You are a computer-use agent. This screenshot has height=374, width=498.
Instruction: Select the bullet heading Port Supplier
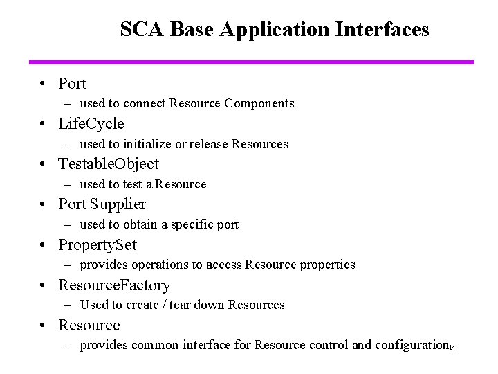tap(102, 204)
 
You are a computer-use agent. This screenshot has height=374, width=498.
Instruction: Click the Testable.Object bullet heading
tap(109, 164)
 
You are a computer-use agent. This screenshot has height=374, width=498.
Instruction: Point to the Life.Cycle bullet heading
tap(91, 124)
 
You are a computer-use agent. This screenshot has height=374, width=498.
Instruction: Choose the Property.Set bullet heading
tap(98, 245)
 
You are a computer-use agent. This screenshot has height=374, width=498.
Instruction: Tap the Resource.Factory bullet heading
tap(114, 285)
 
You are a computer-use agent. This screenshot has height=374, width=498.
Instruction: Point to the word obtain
tap(140, 224)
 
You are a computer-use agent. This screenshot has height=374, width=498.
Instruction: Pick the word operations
tap(151, 265)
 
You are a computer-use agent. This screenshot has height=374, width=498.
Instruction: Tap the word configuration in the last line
tap(411, 345)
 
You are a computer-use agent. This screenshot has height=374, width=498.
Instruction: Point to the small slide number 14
tap(451, 348)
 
